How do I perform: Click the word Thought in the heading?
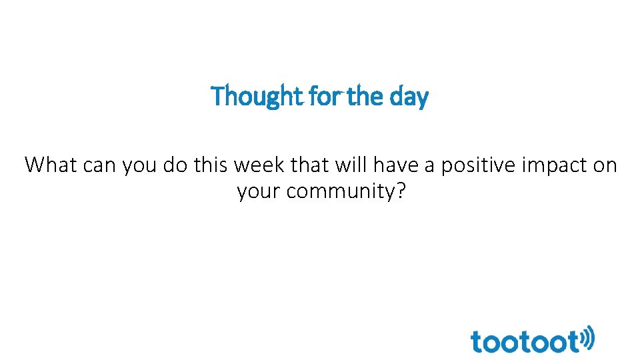click(x=257, y=97)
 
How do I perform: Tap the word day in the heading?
click(x=409, y=97)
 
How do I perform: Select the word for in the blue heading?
click(x=325, y=97)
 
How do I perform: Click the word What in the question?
click(x=51, y=165)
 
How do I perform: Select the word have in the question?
click(x=396, y=165)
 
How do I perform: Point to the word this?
click(x=211, y=165)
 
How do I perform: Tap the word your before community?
click(x=260, y=192)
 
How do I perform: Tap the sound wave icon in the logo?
click(x=587, y=338)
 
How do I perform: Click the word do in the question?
click(x=175, y=165)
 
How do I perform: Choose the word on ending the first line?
click(x=604, y=165)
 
